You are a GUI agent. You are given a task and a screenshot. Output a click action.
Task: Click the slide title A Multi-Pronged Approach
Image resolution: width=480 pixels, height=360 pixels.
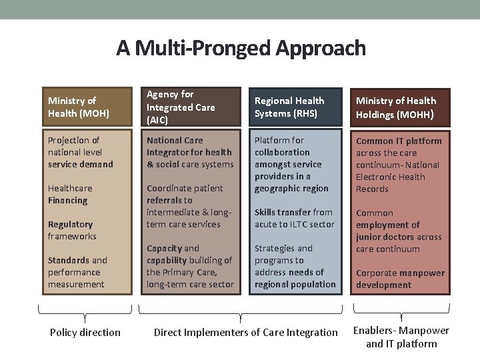(x=241, y=48)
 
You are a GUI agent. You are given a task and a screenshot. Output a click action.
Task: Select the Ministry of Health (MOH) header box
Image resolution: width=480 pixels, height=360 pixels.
(x=85, y=107)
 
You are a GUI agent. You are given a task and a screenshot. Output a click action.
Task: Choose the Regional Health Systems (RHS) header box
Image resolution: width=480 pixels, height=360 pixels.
(x=295, y=107)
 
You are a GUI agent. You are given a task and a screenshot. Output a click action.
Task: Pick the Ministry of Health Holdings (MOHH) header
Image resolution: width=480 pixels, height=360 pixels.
(x=400, y=107)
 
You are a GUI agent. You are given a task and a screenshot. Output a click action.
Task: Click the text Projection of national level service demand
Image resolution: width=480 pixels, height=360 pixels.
(x=81, y=152)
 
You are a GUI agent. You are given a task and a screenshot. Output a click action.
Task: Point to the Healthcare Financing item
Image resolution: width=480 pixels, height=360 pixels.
(x=70, y=194)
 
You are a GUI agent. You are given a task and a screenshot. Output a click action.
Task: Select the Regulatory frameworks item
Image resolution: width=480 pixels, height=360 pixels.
(x=72, y=230)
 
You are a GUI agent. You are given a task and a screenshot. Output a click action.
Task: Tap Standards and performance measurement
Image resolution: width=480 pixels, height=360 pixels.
(x=77, y=272)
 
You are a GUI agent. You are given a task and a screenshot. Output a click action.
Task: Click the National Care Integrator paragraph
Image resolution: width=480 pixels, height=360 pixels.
(x=190, y=152)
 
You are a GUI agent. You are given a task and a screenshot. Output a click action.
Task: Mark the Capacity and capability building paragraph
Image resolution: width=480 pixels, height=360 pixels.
(x=190, y=266)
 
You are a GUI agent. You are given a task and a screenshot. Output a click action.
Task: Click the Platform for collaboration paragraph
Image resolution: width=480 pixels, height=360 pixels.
(x=291, y=164)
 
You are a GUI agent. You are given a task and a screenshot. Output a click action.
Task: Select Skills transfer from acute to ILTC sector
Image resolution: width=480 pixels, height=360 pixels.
(x=294, y=218)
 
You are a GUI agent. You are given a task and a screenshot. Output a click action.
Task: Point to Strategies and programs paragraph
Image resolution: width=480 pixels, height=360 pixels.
(x=295, y=266)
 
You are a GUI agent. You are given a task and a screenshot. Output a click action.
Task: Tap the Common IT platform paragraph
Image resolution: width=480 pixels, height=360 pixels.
(x=398, y=165)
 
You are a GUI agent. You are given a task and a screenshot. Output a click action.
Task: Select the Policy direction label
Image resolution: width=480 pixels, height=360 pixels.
(x=85, y=332)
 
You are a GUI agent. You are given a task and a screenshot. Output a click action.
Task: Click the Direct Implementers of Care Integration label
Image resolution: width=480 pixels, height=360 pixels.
(x=245, y=332)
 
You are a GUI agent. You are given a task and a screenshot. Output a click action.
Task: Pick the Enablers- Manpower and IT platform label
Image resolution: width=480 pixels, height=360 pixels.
(x=401, y=337)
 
